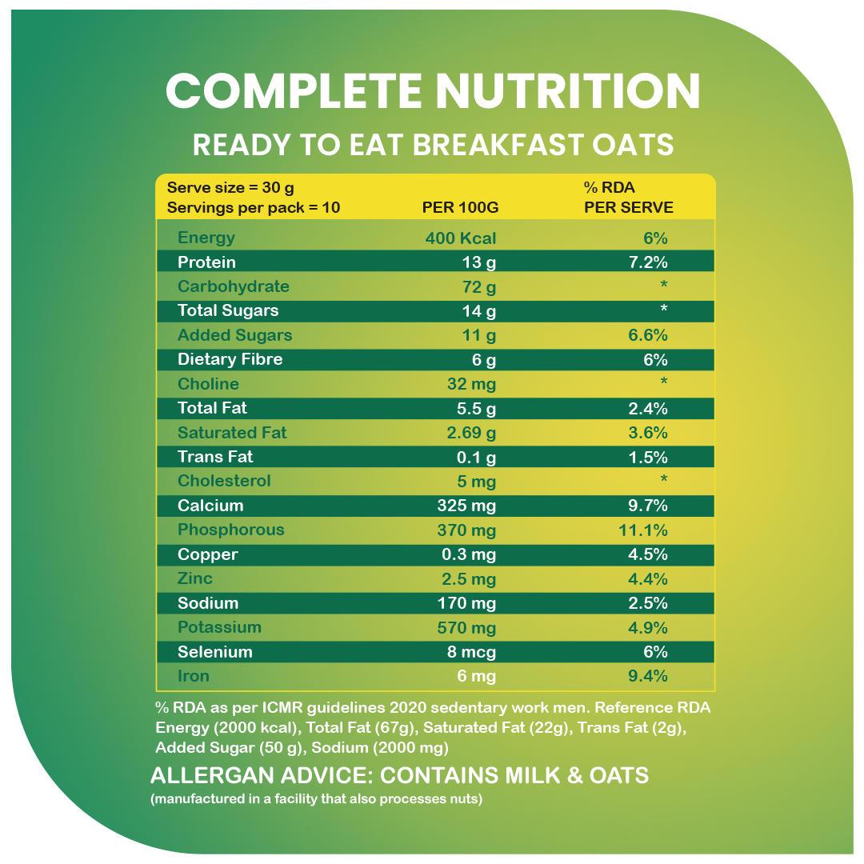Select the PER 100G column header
point(460,208)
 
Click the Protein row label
point(206,262)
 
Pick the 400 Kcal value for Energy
point(461,238)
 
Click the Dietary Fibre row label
point(230,360)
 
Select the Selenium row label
point(214,652)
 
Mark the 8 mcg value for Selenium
point(471,652)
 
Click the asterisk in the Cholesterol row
point(663,480)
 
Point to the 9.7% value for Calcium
point(648,506)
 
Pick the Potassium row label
point(219,628)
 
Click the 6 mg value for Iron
point(476,677)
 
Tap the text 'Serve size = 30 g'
point(230,188)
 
